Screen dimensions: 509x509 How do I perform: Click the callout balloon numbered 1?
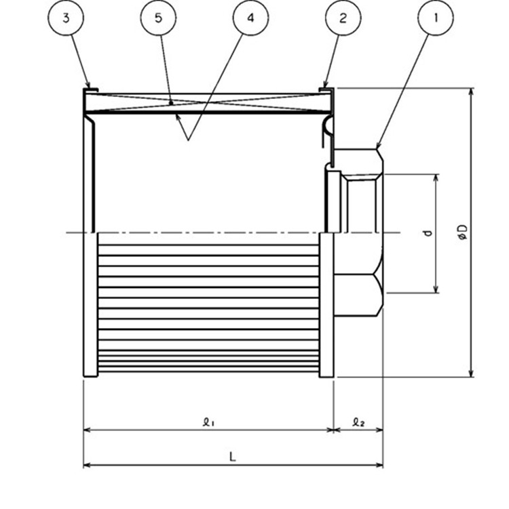[436, 18]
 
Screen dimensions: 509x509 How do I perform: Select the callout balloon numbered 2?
[343, 18]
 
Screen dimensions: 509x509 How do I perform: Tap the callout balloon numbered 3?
[66, 18]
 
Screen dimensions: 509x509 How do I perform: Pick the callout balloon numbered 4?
[250, 18]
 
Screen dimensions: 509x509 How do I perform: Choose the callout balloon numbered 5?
[158, 18]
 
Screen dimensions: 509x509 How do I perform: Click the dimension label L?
[232, 457]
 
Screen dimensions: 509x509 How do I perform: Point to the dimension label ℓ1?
[208, 422]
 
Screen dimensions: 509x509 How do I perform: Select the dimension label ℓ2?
[358, 422]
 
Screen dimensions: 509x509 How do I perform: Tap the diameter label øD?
[463, 232]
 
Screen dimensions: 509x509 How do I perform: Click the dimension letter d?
[428, 232]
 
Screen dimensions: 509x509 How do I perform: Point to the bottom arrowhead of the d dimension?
[436, 289]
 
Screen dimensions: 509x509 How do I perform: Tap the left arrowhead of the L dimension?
[87, 466]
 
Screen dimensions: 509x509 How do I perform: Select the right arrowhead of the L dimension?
[379, 466]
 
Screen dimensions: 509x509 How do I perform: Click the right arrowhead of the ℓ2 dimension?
[379, 430]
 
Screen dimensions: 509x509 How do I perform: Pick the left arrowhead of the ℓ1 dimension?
[87, 430]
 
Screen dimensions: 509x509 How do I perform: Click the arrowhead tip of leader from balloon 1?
[377, 148]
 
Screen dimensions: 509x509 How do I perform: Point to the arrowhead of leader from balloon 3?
[90, 87]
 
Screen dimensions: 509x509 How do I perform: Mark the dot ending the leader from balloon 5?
[171, 103]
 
